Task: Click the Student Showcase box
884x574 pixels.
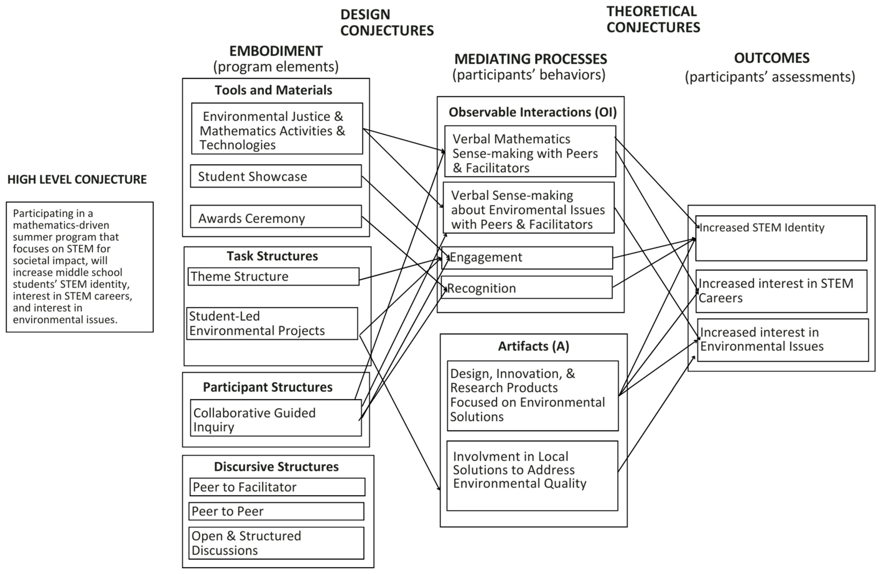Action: (x=276, y=176)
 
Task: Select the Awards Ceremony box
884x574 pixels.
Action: (x=276, y=217)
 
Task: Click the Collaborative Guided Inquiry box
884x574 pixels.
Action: (x=276, y=418)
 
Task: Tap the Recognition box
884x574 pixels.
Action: (x=527, y=288)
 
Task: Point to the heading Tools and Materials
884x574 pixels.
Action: (x=273, y=90)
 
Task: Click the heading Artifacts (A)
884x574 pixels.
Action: (x=533, y=346)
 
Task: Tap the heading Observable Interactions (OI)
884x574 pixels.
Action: (x=533, y=112)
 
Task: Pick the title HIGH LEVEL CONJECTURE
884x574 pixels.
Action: (x=77, y=180)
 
